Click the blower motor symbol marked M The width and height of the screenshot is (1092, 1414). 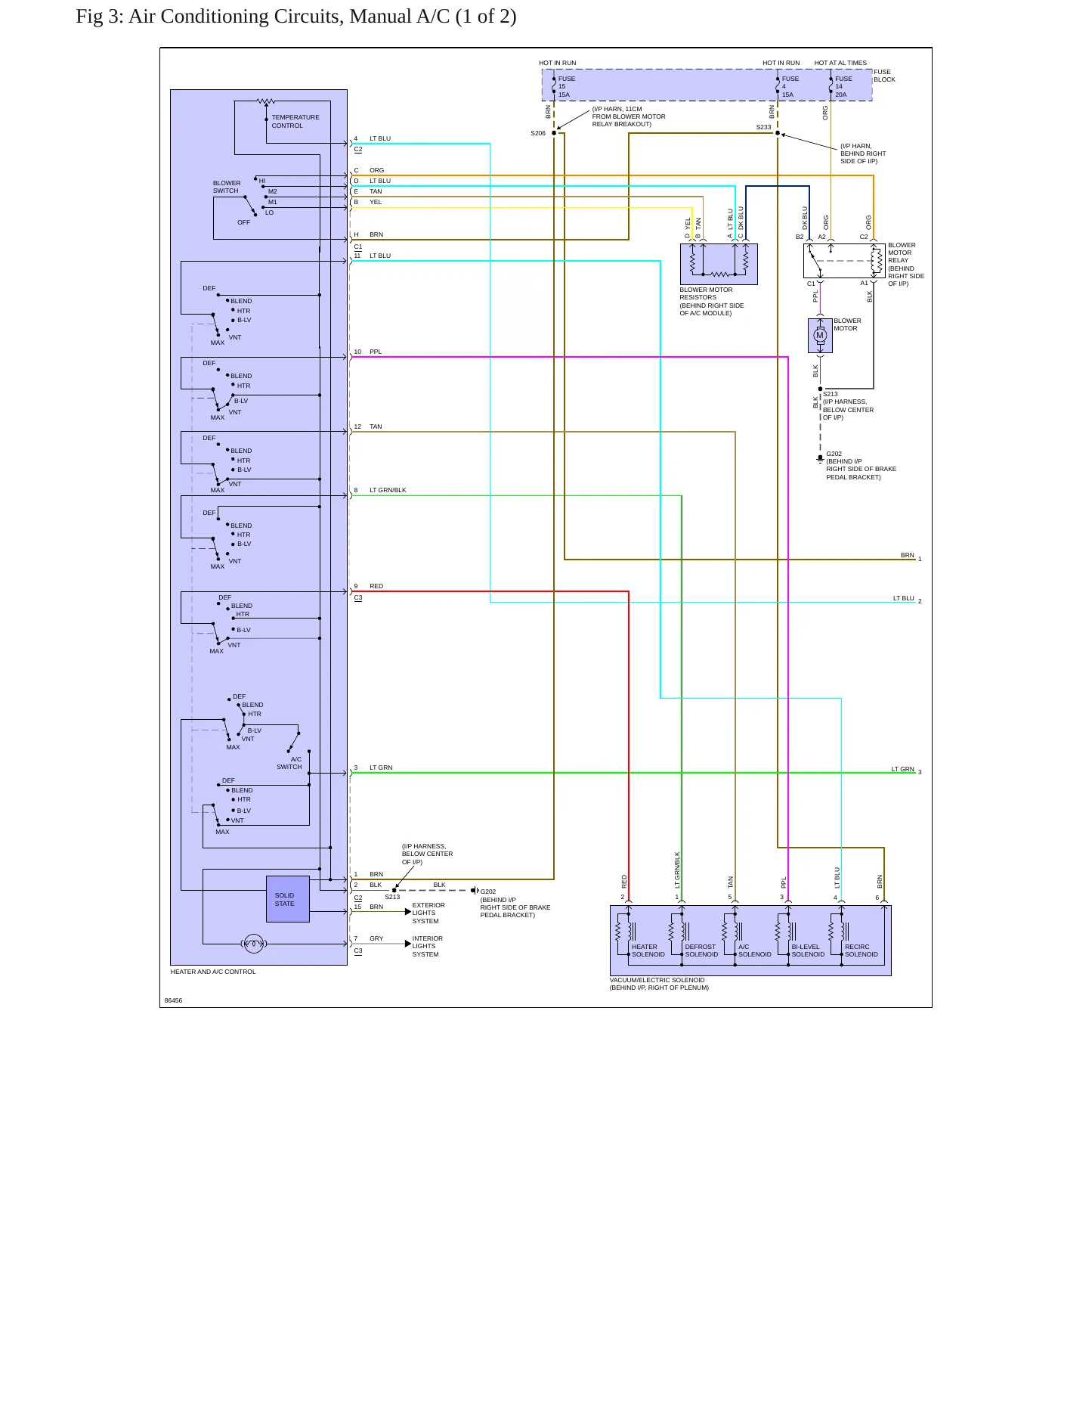pos(820,336)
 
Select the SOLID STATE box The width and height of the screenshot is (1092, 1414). pos(288,899)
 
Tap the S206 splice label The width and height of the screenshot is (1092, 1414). pos(537,133)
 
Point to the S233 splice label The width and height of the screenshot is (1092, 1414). pos(763,127)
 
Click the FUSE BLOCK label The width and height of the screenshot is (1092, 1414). pos(884,76)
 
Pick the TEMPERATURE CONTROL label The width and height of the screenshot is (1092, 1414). pos(295,122)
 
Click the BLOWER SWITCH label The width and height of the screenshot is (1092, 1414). pos(227,187)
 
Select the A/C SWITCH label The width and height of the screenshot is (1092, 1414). pos(289,763)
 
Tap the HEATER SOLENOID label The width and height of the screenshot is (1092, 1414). pos(648,950)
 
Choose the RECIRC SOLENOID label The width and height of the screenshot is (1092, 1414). pos(862,950)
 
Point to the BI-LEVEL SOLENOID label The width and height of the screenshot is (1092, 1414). pos(808,950)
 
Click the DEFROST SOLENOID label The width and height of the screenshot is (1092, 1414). pos(701,950)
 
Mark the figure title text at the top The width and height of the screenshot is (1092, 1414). pos(296,17)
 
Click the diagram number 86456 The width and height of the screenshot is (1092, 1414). pos(173,1000)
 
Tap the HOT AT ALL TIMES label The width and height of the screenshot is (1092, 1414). pos(840,63)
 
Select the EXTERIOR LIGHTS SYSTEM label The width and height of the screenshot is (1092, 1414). pos(428,913)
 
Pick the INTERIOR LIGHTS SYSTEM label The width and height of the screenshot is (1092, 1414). pos(428,946)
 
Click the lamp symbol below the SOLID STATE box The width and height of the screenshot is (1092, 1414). pos(254,944)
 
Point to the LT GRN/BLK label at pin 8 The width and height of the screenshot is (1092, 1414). pos(388,490)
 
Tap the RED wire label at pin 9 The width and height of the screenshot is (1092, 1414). pos(376,586)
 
